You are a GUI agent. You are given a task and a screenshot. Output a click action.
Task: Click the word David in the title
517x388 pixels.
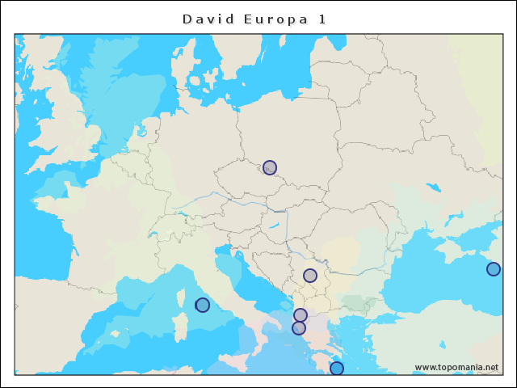point(207,19)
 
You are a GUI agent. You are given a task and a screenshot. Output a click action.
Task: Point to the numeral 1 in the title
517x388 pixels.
point(322,19)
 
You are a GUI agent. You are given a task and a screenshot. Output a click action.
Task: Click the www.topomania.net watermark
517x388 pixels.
point(456,367)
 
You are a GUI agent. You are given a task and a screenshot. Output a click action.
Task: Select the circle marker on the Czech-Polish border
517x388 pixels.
point(270,167)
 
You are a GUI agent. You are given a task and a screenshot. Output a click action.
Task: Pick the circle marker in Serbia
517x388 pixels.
point(310,276)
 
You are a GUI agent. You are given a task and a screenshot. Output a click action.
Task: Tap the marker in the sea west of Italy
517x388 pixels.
point(203,305)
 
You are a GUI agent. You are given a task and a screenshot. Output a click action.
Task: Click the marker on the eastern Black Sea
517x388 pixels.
point(494,269)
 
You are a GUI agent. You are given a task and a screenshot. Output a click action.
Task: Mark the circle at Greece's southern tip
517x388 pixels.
point(337,369)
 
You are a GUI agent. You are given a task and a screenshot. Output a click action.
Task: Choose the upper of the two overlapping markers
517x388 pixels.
point(301,314)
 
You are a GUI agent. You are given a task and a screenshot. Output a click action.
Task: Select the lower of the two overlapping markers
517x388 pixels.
point(299,328)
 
